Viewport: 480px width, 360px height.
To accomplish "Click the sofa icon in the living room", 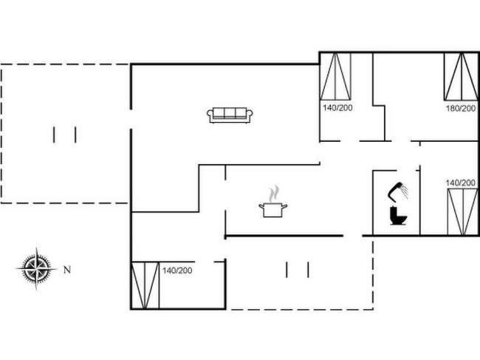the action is (230, 115).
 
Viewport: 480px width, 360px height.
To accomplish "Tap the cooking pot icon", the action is (273, 210).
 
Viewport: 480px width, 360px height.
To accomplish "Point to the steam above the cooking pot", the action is (274, 193).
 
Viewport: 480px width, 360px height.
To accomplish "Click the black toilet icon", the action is (398, 216).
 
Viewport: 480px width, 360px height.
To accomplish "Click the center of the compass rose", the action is (36, 268).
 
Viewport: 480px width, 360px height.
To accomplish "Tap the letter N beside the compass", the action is (67, 270).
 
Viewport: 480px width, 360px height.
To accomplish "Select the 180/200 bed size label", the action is (460, 108).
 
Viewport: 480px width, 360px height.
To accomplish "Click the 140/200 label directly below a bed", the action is (337, 107).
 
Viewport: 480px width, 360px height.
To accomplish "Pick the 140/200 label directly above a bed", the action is (460, 183).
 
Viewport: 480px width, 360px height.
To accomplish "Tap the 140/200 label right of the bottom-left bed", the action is (177, 271).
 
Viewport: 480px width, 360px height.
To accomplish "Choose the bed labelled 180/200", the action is (461, 77).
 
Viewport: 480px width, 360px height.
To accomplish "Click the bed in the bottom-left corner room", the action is (145, 285).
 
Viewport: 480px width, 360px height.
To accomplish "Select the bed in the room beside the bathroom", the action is (462, 212).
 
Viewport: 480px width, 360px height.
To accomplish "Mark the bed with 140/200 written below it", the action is (335, 77).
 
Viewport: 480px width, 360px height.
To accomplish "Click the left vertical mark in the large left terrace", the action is (54, 135).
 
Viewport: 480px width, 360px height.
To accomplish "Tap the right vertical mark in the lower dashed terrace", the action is (308, 270).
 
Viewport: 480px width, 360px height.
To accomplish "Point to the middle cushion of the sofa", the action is (230, 113).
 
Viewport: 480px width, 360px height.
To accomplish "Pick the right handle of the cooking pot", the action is (284, 206).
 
